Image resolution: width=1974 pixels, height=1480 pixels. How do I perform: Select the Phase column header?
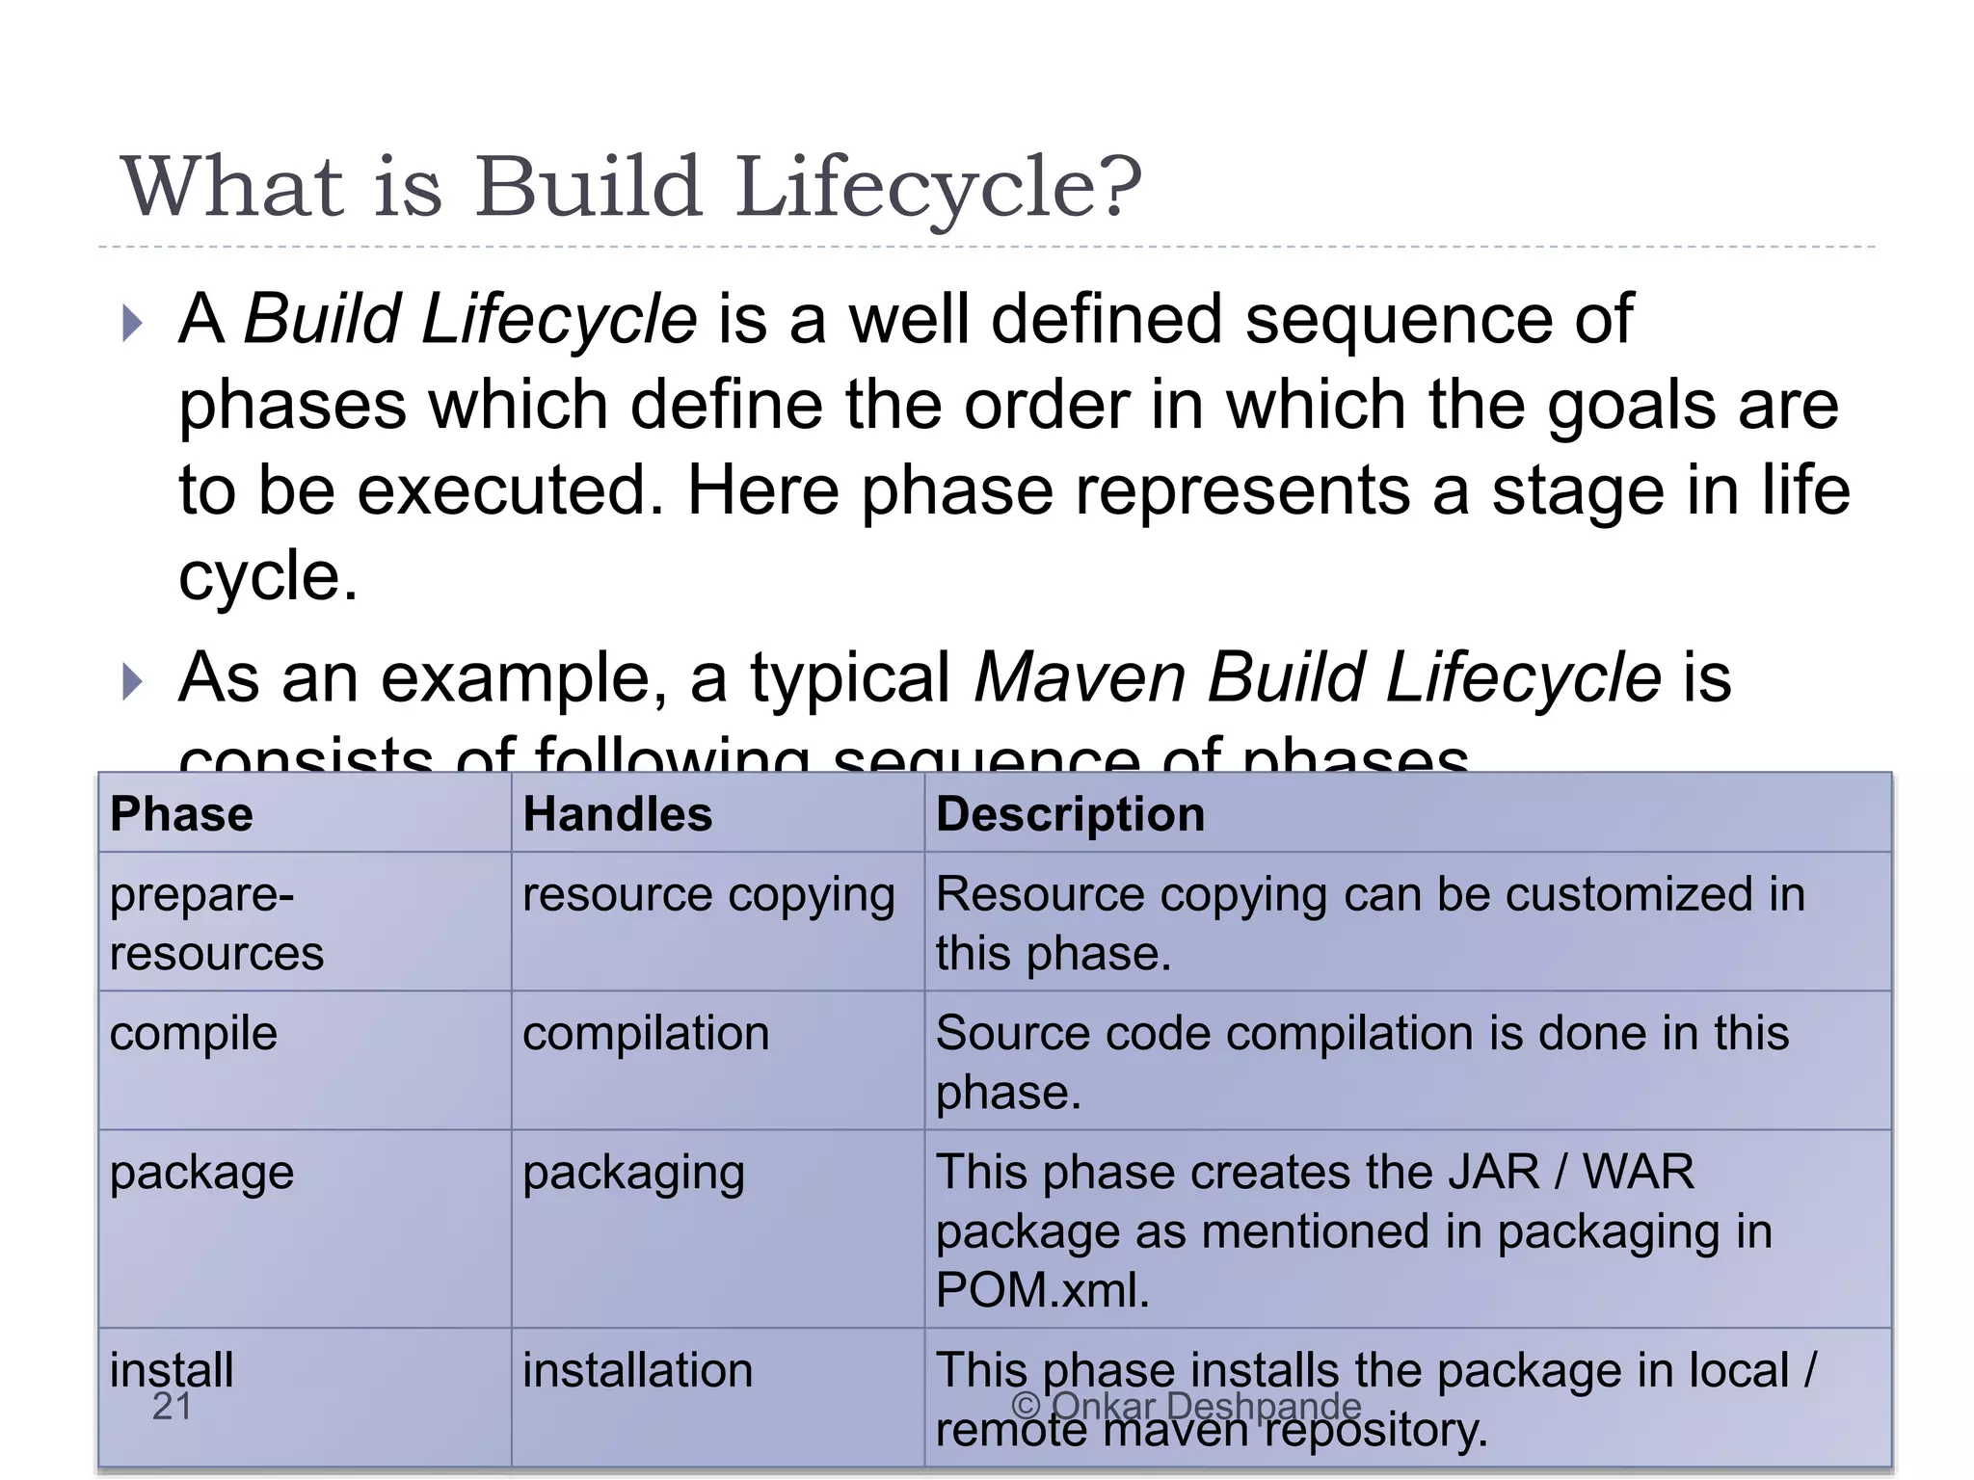(181, 814)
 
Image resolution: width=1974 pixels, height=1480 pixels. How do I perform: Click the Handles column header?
(617, 814)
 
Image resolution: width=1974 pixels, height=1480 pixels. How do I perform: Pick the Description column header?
(1070, 814)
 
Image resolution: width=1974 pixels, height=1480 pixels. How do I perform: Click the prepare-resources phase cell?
(216, 923)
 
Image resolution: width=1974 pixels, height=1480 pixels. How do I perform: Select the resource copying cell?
(708, 895)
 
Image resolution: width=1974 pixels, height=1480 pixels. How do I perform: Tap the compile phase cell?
(194, 1034)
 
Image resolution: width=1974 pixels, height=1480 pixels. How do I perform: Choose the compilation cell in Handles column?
(646, 1034)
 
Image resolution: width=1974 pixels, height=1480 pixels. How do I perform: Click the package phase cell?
(201, 1174)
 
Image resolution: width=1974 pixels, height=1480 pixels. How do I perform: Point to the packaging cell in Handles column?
(633, 1174)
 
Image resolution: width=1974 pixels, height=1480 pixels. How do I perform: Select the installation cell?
(637, 1370)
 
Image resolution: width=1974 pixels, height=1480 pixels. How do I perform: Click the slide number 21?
(173, 1407)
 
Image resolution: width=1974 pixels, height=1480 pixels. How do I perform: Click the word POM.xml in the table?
(1042, 1290)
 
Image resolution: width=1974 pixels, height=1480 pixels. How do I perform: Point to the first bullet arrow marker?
(133, 324)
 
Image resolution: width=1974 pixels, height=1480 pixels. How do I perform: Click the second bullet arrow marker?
(133, 682)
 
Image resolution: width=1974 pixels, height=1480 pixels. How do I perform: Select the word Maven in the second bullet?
(1080, 677)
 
